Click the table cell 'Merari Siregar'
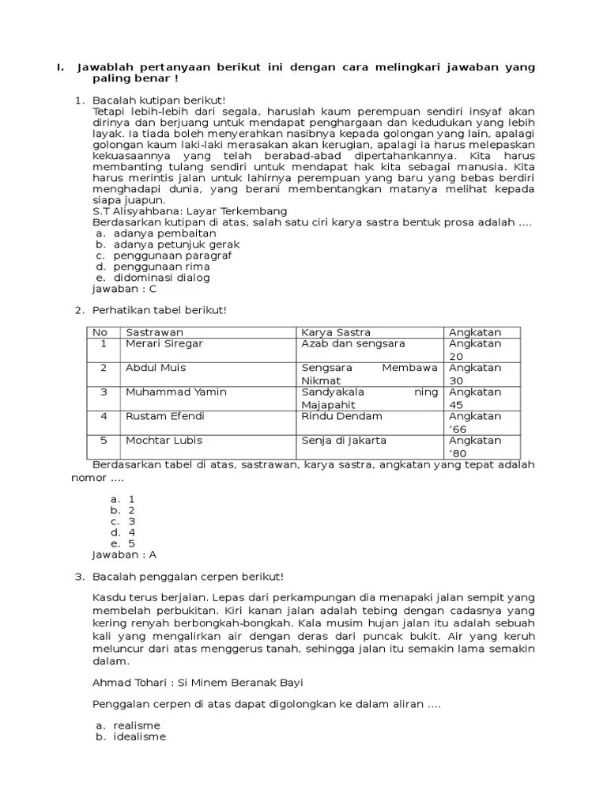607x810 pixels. (x=164, y=344)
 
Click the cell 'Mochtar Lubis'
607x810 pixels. (x=162, y=441)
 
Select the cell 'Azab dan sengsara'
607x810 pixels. (x=353, y=344)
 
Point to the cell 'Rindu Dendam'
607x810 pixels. (x=341, y=417)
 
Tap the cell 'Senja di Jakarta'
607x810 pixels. (x=344, y=441)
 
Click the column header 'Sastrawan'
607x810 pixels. (x=154, y=332)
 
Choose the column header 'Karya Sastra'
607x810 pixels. (x=336, y=332)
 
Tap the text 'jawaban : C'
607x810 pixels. (x=125, y=290)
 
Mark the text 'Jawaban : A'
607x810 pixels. (x=125, y=555)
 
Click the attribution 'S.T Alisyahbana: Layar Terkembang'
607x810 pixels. (x=190, y=212)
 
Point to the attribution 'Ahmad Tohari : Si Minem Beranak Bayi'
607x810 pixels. (x=198, y=683)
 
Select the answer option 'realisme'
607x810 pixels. (x=137, y=725)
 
